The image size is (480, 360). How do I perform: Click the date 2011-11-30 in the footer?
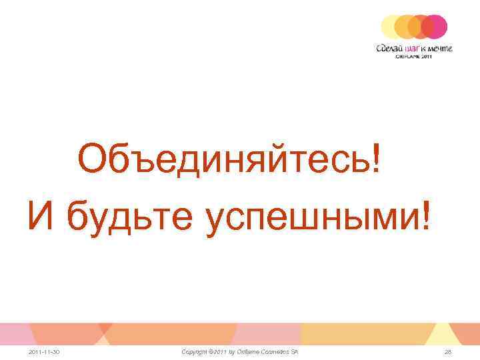[44, 351]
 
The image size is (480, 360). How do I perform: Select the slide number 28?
[447, 351]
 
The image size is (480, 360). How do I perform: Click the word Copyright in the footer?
[195, 351]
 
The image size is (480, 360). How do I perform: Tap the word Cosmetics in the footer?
[274, 351]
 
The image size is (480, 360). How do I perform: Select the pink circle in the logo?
[436, 26]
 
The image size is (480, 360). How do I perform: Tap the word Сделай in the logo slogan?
[389, 48]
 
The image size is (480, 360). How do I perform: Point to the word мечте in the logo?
[441, 48]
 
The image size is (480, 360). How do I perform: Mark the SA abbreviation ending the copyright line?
[294, 351]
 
